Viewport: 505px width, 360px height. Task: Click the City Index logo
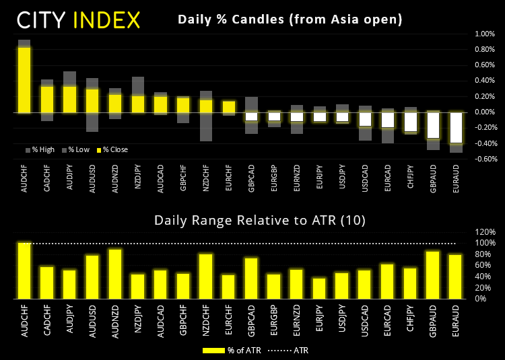coord(79,19)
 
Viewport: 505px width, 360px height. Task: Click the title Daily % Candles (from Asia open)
coord(290,20)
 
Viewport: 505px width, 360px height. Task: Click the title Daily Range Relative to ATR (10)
coord(245,220)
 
